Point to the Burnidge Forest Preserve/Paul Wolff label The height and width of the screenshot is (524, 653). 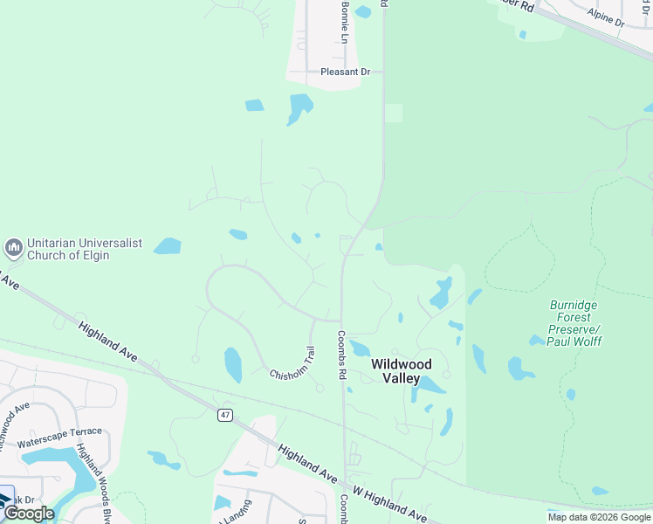[575, 323]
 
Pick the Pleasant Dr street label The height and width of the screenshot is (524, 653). [346, 72]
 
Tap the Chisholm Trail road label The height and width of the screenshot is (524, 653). [292, 362]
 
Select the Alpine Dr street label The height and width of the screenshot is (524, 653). [606, 17]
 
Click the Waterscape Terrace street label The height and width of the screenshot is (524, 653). [59, 438]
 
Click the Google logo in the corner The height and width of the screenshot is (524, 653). [29, 514]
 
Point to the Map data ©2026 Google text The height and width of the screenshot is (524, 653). [598, 517]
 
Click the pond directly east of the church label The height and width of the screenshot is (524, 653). [167, 246]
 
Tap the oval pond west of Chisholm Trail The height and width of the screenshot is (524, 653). [233, 365]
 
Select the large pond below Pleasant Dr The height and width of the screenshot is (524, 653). [299, 108]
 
